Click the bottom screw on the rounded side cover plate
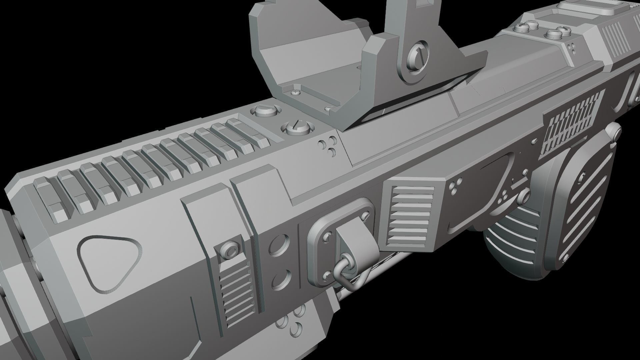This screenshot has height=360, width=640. click(567, 256)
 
